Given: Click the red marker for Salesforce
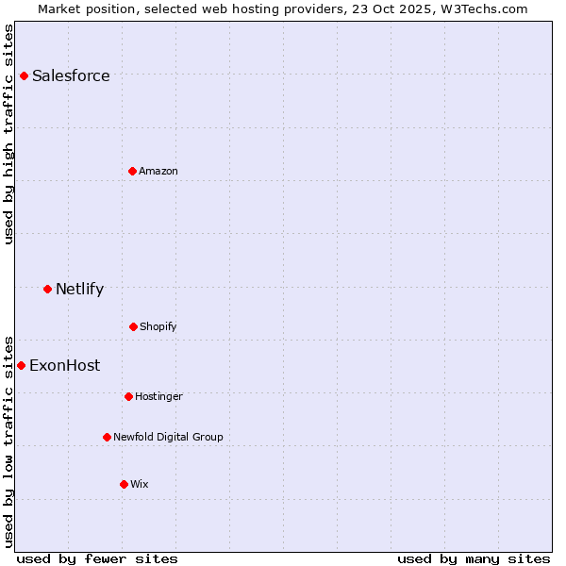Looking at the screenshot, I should [x=24, y=75].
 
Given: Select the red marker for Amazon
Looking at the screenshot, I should [x=132, y=171].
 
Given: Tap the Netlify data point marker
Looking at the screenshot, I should [x=47, y=289].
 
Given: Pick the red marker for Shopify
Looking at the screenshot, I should [x=133, y=326].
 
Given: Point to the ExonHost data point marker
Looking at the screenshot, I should [x=21, y=365].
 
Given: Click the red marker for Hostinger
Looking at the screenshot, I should [x=128, y=396].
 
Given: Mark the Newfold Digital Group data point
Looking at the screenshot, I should [x=107, y=437].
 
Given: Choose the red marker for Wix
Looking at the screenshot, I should [x=124, y=484].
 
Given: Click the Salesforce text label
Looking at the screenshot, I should [x=71, y=75].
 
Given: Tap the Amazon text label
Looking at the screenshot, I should [x=158, y=171].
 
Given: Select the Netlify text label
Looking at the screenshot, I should [x=79, y=289].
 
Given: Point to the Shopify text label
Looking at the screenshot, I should [x=158, y=326].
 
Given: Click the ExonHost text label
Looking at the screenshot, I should [x=64, y=365].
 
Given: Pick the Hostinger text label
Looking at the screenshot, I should [x=158, y=396].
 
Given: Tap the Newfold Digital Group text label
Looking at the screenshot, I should [x=169, y=437].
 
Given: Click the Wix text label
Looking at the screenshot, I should [x=140, y=484].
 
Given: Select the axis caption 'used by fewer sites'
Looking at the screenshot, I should [x=97, y=558].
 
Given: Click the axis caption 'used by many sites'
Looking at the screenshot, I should [x=474, y=558].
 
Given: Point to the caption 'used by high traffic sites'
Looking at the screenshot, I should [x=9, y=134].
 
